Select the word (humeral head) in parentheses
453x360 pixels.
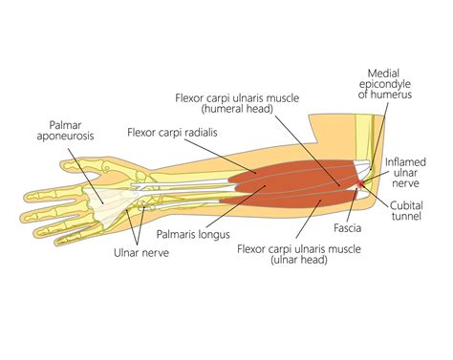[237, 109]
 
